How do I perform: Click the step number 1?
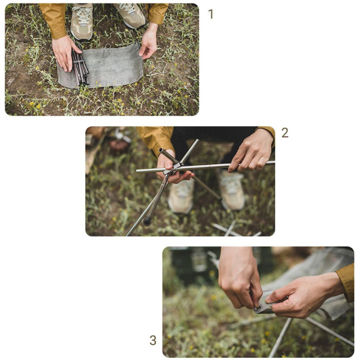point(211,14)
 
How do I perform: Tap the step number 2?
point(285,133)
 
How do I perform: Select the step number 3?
point(153,340)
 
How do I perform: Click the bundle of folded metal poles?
point(80,67)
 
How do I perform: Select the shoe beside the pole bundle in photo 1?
point(82,21)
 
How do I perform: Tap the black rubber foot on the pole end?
point(147,221)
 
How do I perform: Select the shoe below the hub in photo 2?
point(181,196)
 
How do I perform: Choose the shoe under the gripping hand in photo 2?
point(232,189)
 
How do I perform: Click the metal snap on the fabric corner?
point(258,309)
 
